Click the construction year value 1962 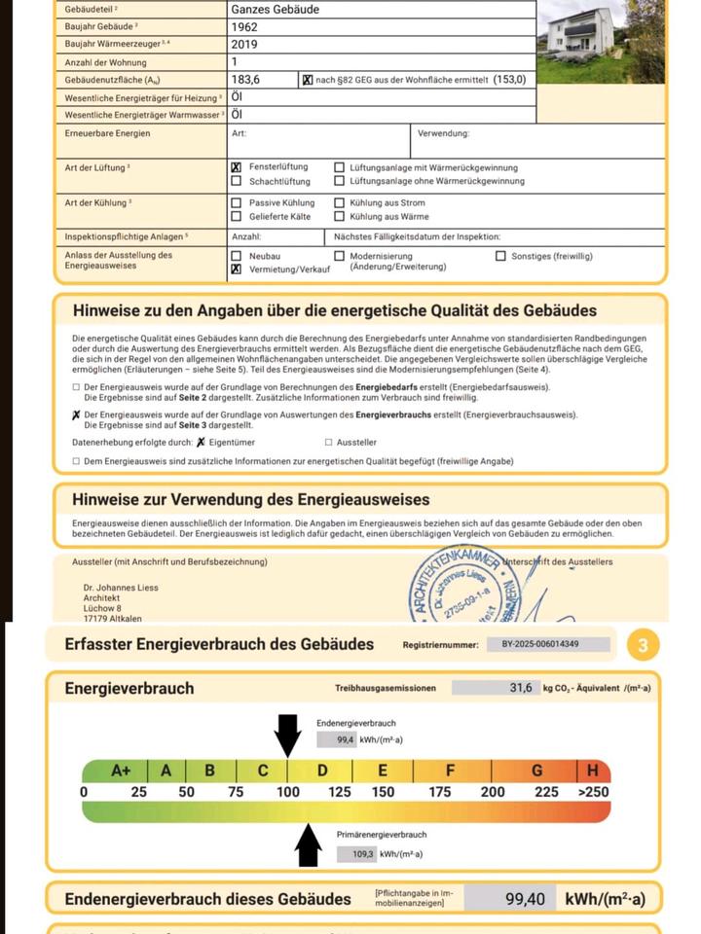244,27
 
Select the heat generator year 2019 244,45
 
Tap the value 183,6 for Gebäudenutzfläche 247,80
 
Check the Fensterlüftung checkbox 236,167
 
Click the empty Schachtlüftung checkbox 236,181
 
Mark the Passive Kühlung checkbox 236,202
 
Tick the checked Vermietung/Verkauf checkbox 236,269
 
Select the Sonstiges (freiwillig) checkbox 501,256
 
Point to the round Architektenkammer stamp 466,588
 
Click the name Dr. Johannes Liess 121,588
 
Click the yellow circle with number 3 643,645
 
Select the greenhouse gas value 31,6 521,688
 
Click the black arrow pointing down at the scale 287,735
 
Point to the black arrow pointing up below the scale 309,845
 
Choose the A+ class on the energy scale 121,771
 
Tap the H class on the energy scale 592,771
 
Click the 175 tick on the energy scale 440,792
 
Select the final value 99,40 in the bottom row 525,899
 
